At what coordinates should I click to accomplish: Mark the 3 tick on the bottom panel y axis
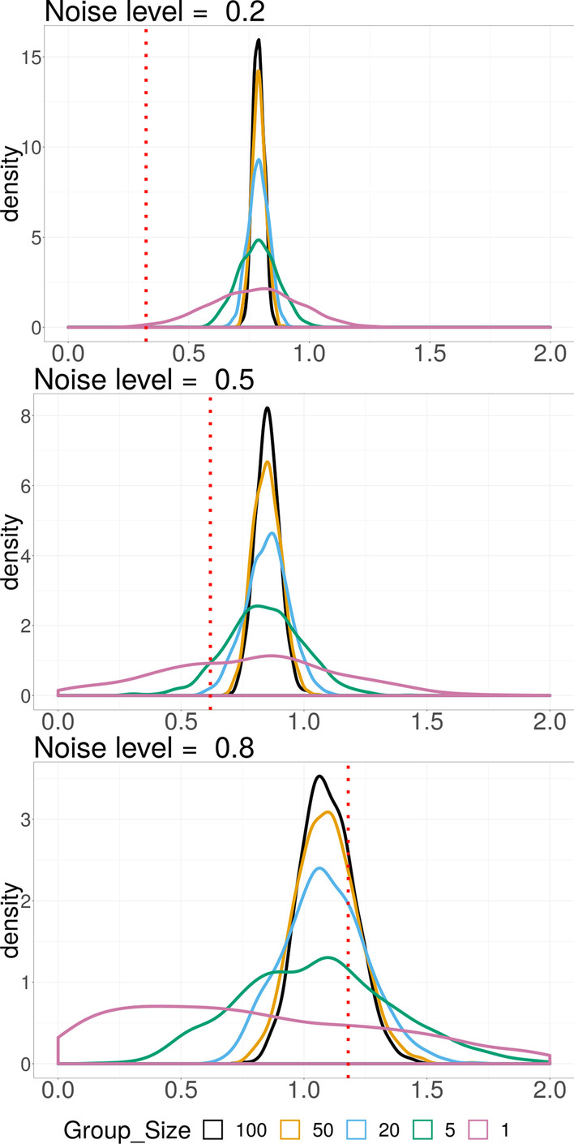[27, 820]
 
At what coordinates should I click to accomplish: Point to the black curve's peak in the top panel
[259, 40]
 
